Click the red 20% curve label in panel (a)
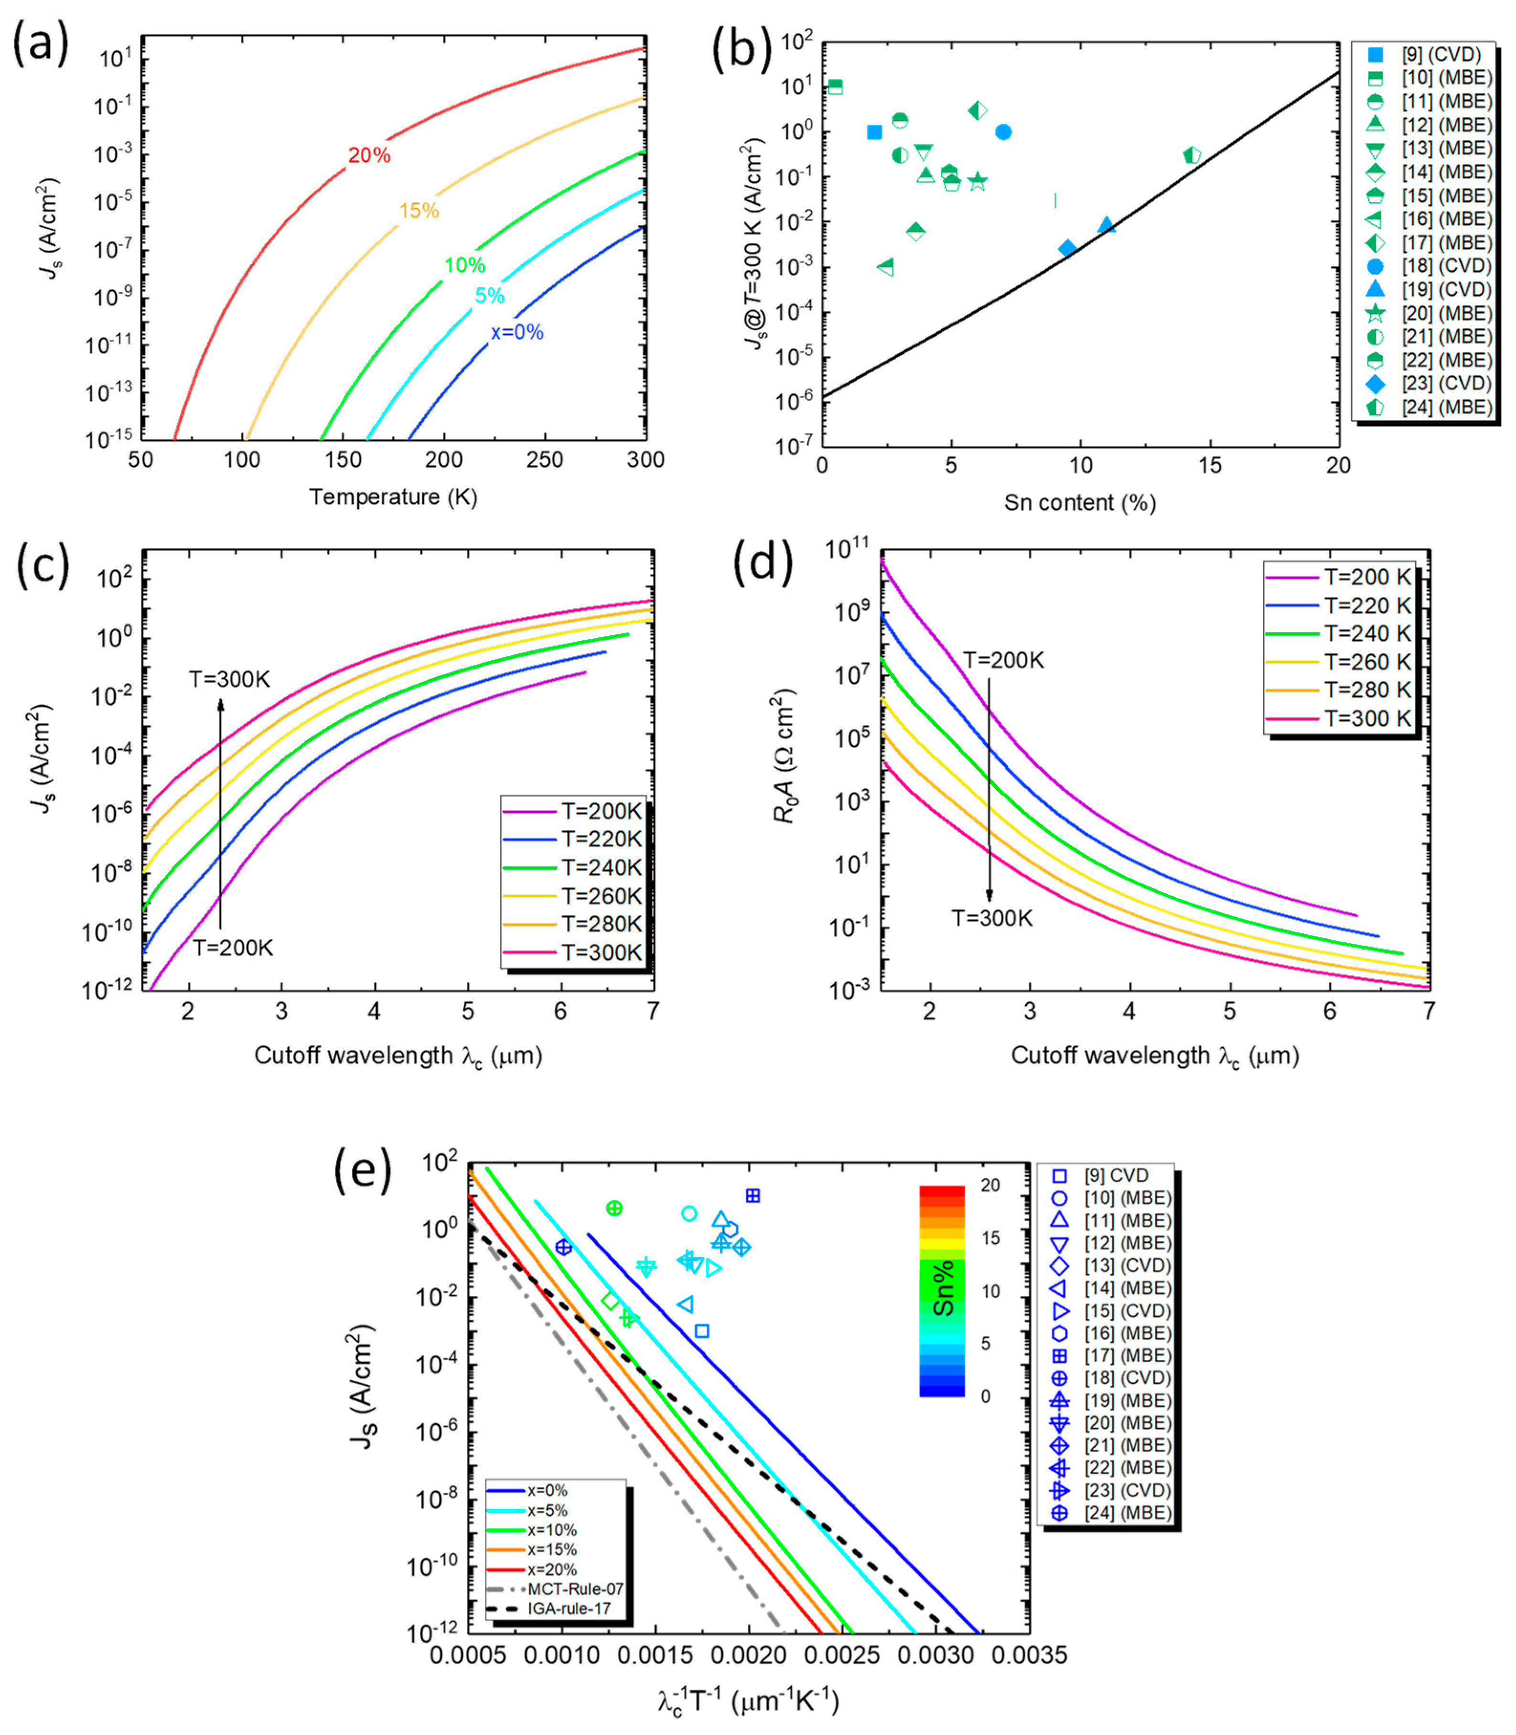pyautogui.click(x=369, y=156)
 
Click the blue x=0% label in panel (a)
pyautogui.click(x=517, y=333)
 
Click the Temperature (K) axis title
pyautogui.click(x=393, y=496)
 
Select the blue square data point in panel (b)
pyautogui.click(x=875, y=132)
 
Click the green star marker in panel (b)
pyautogui.click(x=978, y=181)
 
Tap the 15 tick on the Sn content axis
pyautogui.click(x=1210, y=466)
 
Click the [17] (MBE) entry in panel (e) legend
pyautogui.click(x=1117, y=1355)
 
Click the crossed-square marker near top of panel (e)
pyautogui.click(x=752, y=1196)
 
